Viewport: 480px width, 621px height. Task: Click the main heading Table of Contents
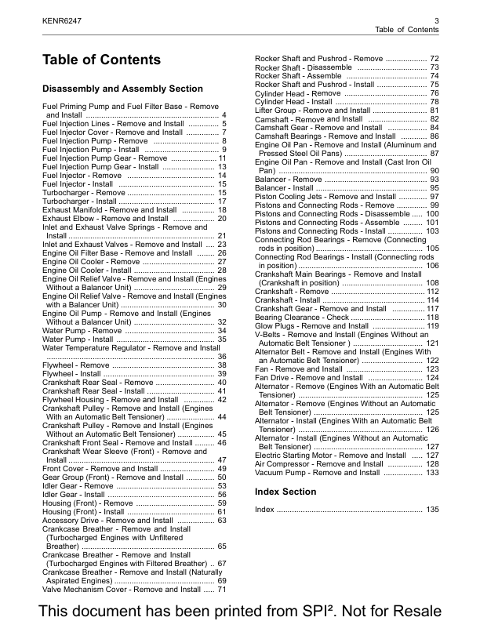(x=101, y=60)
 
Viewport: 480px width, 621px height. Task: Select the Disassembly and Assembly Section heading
(x=122, y=89)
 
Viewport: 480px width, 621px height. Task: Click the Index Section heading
(x=285, y=492)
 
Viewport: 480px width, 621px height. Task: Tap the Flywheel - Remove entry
(x=76, y=365)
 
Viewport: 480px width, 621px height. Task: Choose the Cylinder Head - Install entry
(x=293, y=102)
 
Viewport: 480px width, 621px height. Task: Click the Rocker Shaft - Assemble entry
(x=299, y=76)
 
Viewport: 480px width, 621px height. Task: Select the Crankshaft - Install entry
(x=288, y=300)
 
